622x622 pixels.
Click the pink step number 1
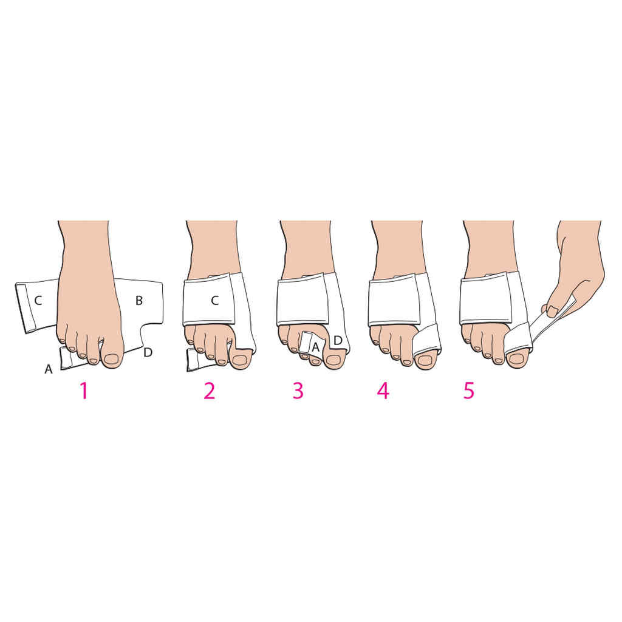84,391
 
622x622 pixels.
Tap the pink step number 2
210,391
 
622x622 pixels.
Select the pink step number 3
298,391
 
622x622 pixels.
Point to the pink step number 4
383,391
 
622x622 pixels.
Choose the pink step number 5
468,391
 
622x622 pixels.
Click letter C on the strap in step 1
38,300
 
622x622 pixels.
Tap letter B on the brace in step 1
138,300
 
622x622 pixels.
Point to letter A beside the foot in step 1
49,368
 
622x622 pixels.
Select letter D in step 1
147,352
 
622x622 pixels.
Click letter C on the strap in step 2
214,300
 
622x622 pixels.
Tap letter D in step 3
338,340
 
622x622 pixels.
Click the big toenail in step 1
111,359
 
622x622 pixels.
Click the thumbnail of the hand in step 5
552,311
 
